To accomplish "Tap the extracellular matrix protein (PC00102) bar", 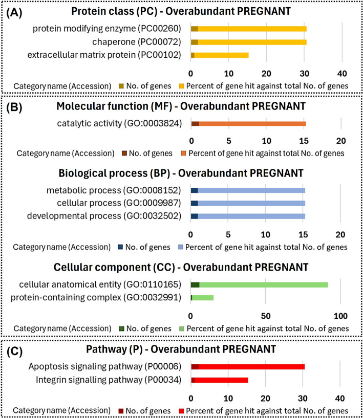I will (219, 55).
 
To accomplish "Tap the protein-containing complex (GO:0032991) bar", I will (202, 297).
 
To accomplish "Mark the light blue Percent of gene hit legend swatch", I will (179, 247).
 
